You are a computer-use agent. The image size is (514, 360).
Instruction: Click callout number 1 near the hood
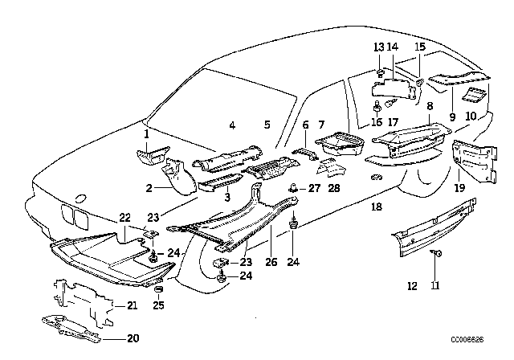tap(146, 136)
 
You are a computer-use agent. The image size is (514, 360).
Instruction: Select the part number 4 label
tap(231, 125)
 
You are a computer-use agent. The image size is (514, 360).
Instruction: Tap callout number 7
tap(321, 125)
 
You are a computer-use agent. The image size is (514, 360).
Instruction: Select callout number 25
tap(157, 305)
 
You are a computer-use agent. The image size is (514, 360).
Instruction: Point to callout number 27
tap(314, 190)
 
